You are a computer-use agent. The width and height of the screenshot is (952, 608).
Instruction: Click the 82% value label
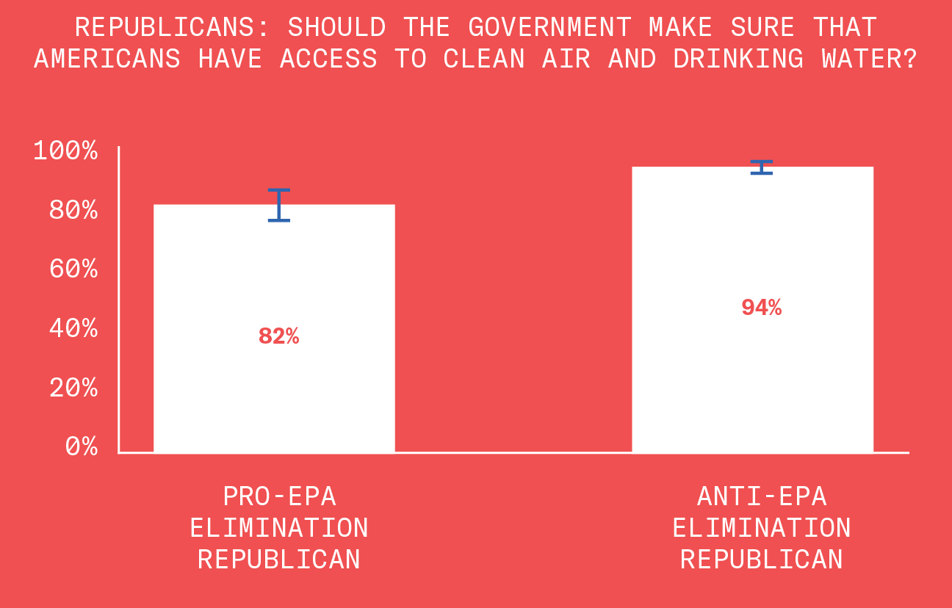pos(278,336)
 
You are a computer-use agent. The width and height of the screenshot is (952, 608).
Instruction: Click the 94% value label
pos(761,308)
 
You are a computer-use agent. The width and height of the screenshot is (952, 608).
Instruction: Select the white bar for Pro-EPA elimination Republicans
pos(274,397)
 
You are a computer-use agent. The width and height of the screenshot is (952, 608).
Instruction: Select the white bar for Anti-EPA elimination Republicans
pos(752,382)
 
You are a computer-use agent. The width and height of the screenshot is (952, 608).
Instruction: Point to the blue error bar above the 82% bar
pos(278,205)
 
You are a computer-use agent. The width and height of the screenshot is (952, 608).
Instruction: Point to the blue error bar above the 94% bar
pos(761,167)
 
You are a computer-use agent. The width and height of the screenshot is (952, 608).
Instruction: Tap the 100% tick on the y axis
pos(65,152)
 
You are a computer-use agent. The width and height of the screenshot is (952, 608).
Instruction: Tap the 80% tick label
pos(73,211)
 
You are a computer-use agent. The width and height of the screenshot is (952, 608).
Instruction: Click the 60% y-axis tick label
pos(73,269)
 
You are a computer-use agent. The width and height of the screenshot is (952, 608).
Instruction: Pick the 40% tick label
pos(73,328)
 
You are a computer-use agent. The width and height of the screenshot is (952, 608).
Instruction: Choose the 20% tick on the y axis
pos(73,387)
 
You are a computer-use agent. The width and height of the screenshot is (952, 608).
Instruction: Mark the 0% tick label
pos(81,446)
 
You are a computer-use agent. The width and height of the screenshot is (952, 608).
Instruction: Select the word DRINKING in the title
pos(738,59)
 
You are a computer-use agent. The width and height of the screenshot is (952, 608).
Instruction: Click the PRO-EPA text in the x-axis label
pos(279,496)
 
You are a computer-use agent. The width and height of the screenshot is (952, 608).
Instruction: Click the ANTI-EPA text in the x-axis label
pos(762,496)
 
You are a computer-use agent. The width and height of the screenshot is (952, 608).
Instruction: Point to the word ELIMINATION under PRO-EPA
pos(279,528)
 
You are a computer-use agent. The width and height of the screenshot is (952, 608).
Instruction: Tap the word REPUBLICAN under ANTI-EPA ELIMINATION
pos(762,560)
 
